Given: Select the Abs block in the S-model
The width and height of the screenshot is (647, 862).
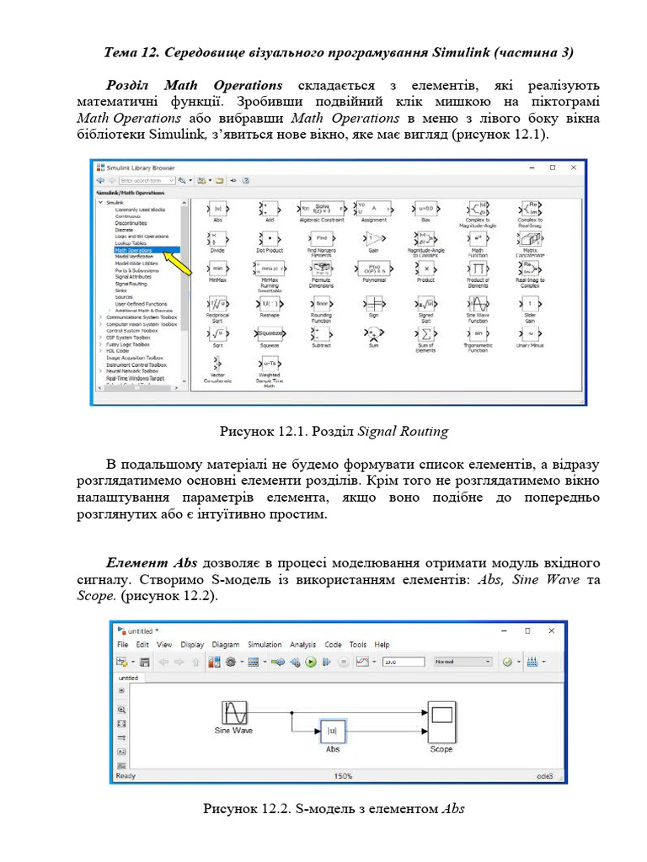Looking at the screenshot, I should pyautogui.click(x=333, y=731).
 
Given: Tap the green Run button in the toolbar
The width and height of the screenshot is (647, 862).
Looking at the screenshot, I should pyautogui.click(x=311, y=662).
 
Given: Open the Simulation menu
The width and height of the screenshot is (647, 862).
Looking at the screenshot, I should pyautogui.click(x=265, y=645).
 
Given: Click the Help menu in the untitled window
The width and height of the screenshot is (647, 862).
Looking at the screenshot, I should pyautogui.click(x=382, y=645).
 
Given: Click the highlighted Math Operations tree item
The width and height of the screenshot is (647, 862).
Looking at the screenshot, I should pyautogui.click(x=134, y=250).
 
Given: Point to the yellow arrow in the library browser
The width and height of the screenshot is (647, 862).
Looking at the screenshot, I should pyautogui.click(x=177, y=262).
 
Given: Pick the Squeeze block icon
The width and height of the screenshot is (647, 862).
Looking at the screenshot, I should pyautogui.click(x=270, y=333).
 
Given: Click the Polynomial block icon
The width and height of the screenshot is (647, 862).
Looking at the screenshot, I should pyautogui.click(x=373, y=269).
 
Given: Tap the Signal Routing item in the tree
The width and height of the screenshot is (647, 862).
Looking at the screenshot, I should pyautogui.click(x=131, y=284).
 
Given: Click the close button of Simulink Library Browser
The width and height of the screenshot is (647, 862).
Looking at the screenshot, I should pyautogui.click(x=574, y=168).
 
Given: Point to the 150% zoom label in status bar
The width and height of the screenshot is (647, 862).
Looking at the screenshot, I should pyautogui.click(x=342, y=776).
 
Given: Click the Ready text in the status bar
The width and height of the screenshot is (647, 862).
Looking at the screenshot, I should pyautogui.click(x=126, y=776).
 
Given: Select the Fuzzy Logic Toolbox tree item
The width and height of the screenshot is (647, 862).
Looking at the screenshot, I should pyautogui.click(x=127, y=344).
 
